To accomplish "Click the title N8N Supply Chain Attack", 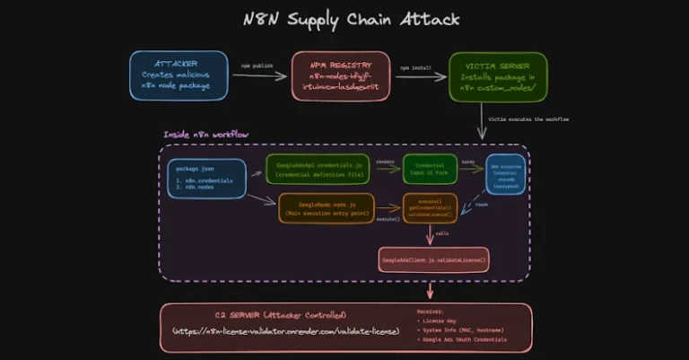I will tap(345, 19).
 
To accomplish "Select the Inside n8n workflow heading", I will tap(206, 135).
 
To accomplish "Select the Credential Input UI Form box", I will tap(430, 169).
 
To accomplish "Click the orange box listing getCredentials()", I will tap(430, 208).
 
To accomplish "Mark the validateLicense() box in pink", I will tap(434, 260).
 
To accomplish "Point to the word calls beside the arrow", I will tap(442, 233).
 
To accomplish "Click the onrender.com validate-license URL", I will tap(285, 333).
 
